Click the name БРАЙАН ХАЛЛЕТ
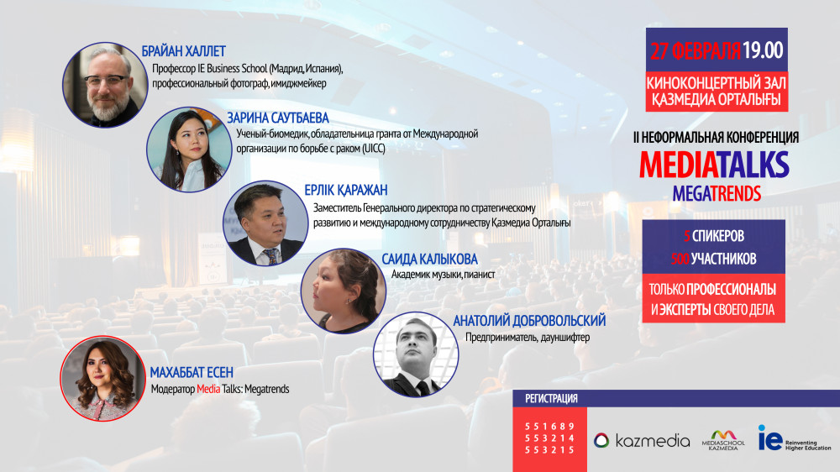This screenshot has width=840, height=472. coord(183,51)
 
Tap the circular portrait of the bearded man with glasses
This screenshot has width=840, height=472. coord(105,85)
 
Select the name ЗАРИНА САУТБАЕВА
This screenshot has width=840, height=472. coord(277,118)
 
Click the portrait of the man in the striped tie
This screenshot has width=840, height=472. coord(265,223)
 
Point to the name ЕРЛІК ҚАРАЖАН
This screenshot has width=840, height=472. coord(345,190)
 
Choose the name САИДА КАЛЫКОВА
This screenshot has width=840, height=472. coord(429,260)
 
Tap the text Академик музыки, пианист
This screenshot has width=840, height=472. coord(443,275)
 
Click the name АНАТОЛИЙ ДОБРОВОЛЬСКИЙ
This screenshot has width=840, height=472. coord(529,321)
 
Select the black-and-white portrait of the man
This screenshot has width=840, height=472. coord(416,354)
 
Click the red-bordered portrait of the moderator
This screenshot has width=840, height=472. coord(102,379)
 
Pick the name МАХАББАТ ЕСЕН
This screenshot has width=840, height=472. coord(192,372)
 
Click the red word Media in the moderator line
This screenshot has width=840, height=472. coord(208,389)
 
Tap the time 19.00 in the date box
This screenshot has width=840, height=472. coord(763,50)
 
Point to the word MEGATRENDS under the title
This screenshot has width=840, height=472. coord(717,193)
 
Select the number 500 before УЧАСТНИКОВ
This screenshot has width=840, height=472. coord(680,260)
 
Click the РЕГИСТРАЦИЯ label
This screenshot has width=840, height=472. coord(551,399)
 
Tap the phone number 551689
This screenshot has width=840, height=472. coord(549,427)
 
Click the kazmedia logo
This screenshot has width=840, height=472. coord(642,440)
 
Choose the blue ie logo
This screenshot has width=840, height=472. coord(769,438)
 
